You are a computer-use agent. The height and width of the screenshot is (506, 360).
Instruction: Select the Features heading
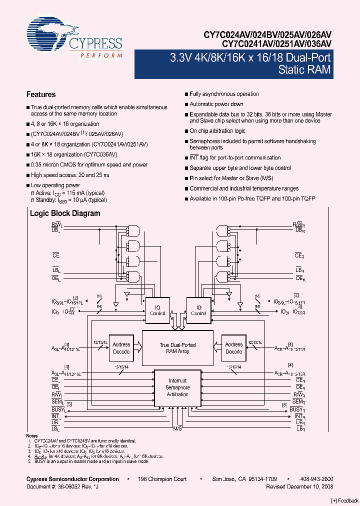[x=40, y=94]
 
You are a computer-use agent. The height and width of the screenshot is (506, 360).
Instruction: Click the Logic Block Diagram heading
[x=65, y=213]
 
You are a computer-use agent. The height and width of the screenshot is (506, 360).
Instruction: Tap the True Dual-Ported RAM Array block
[x=177, y=348]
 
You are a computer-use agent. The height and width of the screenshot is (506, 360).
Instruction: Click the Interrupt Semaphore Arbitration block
[x=177, y=387]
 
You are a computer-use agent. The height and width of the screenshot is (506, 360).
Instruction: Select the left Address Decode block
[x=121, y=348]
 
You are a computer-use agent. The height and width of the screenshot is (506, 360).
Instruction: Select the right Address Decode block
[x=233, y=348]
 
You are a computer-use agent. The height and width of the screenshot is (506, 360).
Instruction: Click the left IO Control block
[x=157, y=310]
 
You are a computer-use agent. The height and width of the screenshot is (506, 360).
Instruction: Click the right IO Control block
[x=198, y=310]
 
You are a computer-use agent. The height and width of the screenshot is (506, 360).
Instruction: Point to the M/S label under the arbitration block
[x=177, y=429]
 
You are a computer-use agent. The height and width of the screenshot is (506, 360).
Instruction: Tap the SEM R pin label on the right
[x=298, y=402]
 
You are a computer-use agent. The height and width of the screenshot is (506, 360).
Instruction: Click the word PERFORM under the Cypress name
[x=101, y=55]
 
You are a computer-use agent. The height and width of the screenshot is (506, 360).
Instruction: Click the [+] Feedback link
[x=345, y=500]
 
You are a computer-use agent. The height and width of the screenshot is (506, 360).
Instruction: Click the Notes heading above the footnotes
[x=31, y=436]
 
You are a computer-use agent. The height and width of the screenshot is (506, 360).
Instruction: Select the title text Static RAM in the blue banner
[x=304, y=70]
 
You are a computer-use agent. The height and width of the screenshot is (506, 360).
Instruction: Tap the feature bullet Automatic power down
[x=216, y=104]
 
